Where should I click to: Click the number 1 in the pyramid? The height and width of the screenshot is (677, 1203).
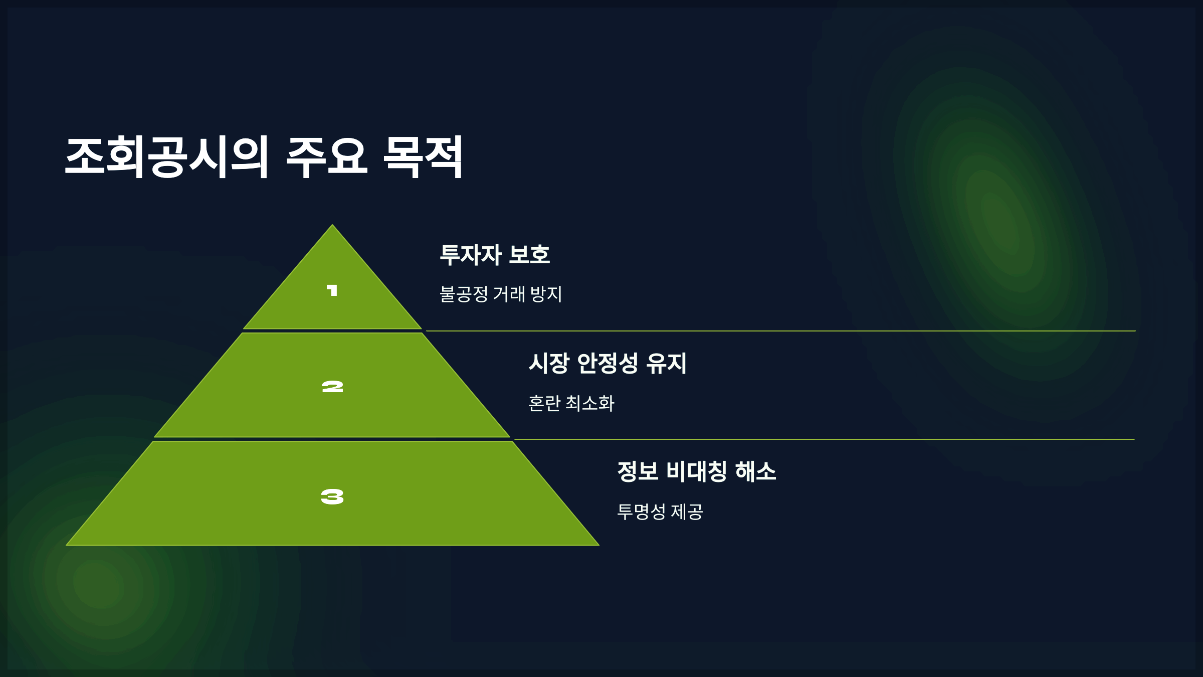[332, 290]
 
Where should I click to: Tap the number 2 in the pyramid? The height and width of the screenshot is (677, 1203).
[332, 387]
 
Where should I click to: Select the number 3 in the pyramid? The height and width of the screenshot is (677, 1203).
[332, 497]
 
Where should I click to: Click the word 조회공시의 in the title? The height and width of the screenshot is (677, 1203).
[167, 157]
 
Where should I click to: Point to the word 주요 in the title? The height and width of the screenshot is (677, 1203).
[327, 157]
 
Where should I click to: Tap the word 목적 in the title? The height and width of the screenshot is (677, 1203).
[423, 157]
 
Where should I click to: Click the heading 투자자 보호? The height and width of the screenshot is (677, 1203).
[495, 255]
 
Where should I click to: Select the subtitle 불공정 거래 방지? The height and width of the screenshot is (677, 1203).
[501, 294]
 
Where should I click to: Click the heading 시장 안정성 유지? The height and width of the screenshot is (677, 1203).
[608, 363]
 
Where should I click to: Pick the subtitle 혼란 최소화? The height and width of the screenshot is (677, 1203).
[571, 403]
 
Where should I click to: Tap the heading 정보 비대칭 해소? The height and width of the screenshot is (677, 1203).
[697, 471]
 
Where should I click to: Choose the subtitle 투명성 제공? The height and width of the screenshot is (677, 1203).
[660, 512]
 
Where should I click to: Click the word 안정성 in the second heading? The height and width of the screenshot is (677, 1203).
[608, 363]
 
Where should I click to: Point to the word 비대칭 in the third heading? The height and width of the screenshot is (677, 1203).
[697, 471]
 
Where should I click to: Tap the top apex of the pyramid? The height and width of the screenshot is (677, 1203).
[332, 226]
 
